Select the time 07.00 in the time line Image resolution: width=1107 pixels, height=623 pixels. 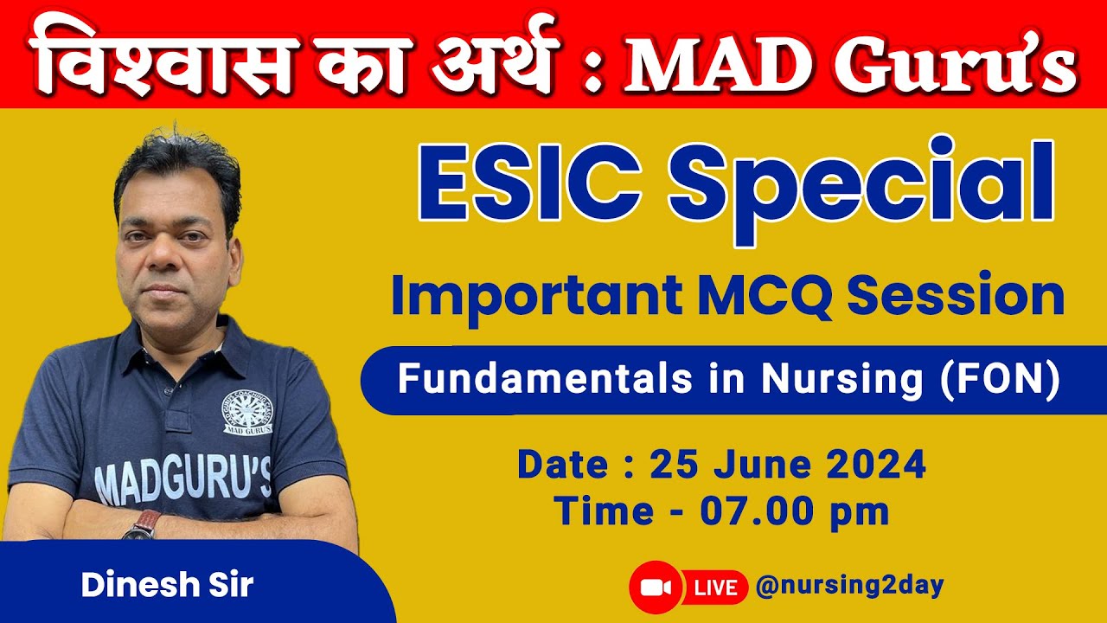[x=749, y=511]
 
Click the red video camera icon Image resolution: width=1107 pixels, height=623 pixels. [x=656, y=588]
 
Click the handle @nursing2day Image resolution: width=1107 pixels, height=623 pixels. [x=849, y=587]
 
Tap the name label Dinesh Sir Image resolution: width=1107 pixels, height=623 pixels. [x=167, y=586]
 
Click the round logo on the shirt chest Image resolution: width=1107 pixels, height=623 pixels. [x=246, y=412]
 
